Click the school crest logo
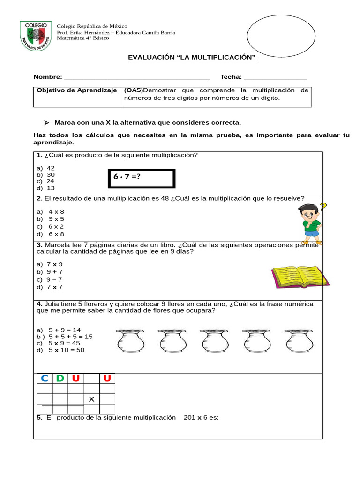click(34, 36)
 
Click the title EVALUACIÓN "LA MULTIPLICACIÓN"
click(192, 57)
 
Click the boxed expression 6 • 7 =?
click(141, 179)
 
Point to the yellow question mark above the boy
click(323, 207)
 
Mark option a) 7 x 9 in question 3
click(50, 264)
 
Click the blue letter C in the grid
click(45, 378)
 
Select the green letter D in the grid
click(60, 378)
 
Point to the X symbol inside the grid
click(91, 399)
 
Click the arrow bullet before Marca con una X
click(46, 123)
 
